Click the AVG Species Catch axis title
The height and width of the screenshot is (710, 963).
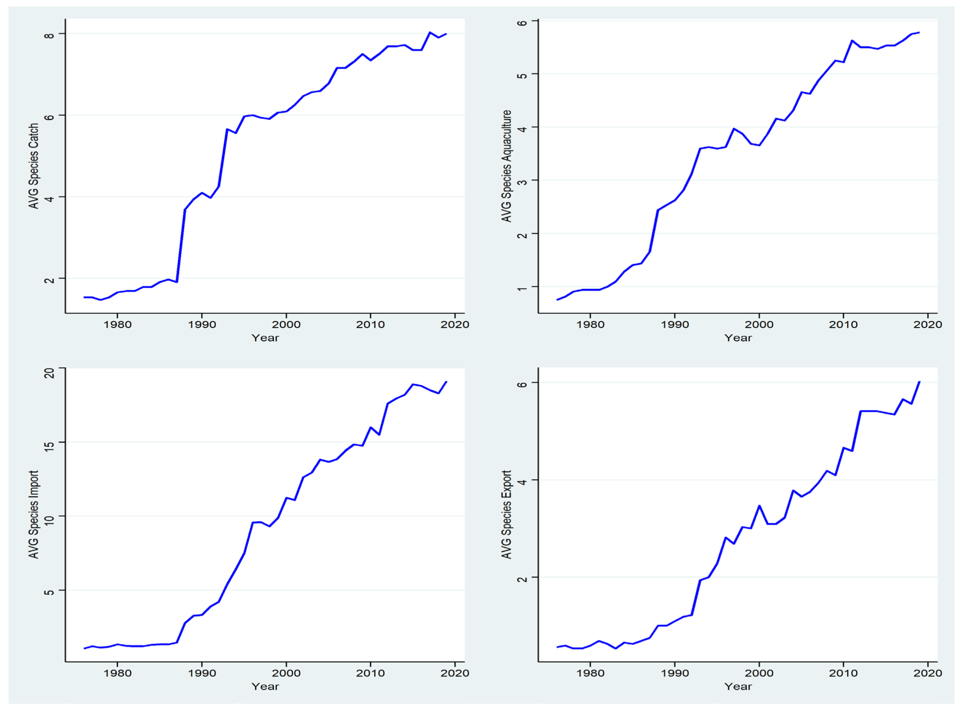point(33,166)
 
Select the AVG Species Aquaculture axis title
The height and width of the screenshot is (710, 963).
point(507,166)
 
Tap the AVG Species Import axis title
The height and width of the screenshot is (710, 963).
point(33,515)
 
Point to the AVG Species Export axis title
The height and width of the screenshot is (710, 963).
point(507,515)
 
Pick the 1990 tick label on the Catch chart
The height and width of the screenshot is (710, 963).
point(202,324)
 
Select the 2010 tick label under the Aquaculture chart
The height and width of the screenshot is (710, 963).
point(843,324)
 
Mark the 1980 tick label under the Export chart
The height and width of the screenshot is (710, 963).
point(590,673)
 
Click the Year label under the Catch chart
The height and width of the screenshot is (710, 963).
point(265,338)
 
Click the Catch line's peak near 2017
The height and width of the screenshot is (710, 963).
point(429,32)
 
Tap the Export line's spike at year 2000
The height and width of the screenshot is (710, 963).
point(759,506)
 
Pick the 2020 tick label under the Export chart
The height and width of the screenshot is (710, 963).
point(927,673)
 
